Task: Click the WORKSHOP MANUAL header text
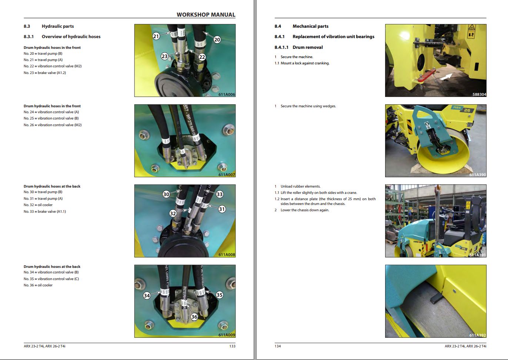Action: [206, 15]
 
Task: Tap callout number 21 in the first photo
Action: [156, 36]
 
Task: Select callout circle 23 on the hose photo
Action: [165, 56]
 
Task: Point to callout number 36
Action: [194, 317]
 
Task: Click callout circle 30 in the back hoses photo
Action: [166, 194]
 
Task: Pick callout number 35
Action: [220, 295]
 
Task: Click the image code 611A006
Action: [227, 94]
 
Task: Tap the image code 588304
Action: [479, 94]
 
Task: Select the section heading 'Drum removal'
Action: [307, 47]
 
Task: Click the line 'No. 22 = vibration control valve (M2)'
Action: [53, 66]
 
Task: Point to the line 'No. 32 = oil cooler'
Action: [38, 205]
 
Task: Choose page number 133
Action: [232, 346]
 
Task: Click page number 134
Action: [278, 346]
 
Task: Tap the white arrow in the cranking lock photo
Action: [446, 77]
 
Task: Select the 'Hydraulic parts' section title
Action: [58, 26]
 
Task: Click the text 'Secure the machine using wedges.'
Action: [308, 106]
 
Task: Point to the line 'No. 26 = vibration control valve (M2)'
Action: [53, 125]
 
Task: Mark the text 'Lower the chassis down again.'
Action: [305, 210]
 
